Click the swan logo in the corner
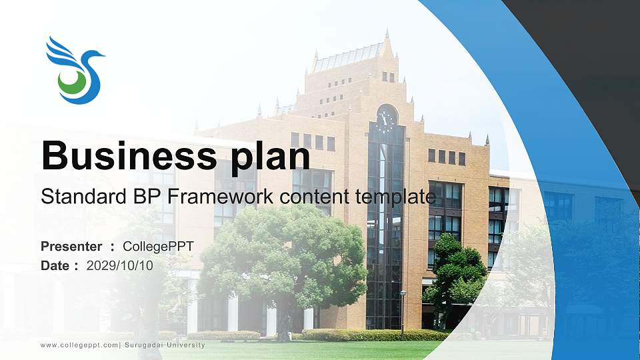click(74, 70)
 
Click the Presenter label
click(71, 247)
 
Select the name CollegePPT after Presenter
click(158, 247)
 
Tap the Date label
click(55, 265)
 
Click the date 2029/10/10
click(120, 265)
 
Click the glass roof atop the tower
click(347, 57)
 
